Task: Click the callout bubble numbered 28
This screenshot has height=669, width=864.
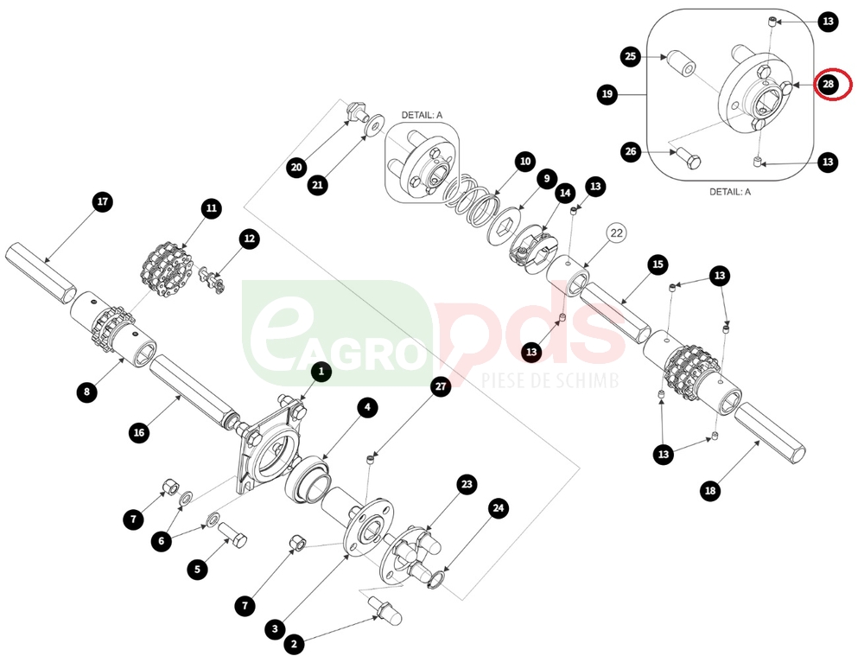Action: point(829,85)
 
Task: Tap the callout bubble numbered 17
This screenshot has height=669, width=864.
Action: point(103,201)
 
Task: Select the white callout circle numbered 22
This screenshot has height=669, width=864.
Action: point(617,233)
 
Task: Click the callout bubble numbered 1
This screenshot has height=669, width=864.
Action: point(321,372)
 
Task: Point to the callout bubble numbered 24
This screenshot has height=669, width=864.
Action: point(499,508)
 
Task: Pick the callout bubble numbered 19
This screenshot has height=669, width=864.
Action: point(607,94)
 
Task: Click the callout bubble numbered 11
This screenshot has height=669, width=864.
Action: point(212,208)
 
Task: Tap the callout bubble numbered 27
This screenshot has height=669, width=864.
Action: point(441,386)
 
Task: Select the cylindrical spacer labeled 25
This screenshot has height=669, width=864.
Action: point(681,63)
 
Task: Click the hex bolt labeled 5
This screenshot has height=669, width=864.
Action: point(233,534)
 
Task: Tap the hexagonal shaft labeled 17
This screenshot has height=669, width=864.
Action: point(41,273)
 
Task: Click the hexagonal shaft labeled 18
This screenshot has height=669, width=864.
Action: point(770,432)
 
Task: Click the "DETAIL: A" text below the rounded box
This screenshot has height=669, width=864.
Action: point(729,192)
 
